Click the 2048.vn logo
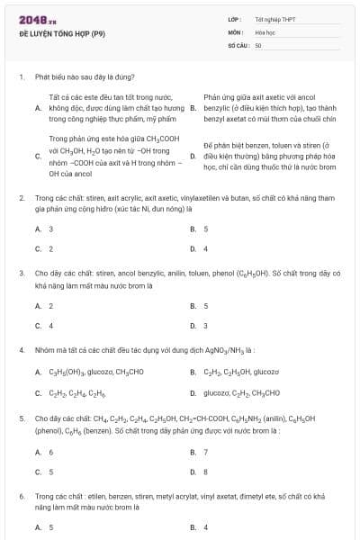37,20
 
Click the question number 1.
21,77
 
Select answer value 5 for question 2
205,229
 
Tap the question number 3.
21,272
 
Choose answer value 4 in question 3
50,326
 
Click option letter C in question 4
38,392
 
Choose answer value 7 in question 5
205,452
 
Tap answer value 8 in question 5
205,472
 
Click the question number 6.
21,496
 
